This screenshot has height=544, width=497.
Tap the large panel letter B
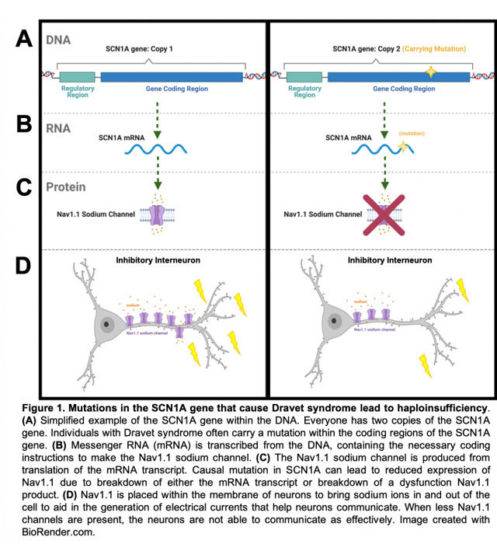23,124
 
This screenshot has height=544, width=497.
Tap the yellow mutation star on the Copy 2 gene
429,74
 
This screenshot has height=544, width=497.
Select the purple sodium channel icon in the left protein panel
158,214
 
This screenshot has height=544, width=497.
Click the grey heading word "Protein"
66,187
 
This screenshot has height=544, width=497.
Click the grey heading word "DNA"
61,38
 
